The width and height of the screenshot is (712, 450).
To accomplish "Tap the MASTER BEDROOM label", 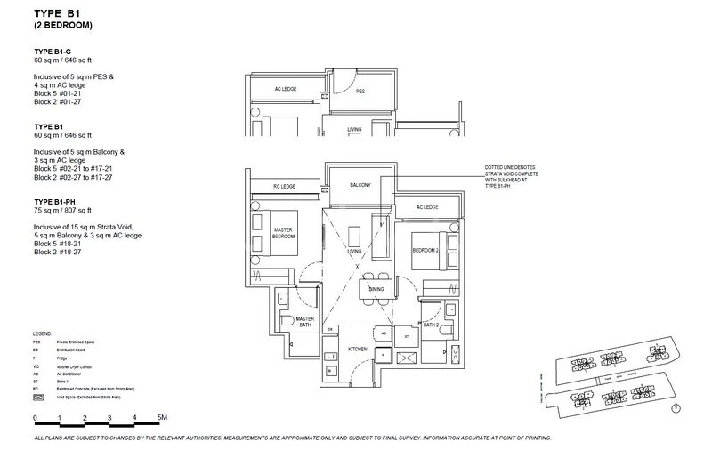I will pyautogui.click(x=283, y=232).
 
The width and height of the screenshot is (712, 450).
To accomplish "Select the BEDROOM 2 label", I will pyautogui.click(x=425, y=251).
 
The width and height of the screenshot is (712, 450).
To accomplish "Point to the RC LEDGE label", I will pyautogui.click(x=283, y=187).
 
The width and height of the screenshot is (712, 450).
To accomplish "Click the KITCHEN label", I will pyautogui.click(x=358, y=350).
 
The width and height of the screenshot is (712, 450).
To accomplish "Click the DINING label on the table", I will pyautogui.click(x=377, y=291).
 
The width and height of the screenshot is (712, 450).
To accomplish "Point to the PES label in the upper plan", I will pyautogui.click(x=360, y=91).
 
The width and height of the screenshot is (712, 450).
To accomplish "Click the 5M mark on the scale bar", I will pyautogui.click(x=162, y=417).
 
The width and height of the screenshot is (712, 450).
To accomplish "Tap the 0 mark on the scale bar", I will pyautogui.click(x=35, y=417).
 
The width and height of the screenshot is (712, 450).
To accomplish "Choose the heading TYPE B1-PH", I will pyautogui.click(x=57, y=202).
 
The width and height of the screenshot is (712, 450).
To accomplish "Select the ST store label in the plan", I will pyautogui.click(x=406, y=337).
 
